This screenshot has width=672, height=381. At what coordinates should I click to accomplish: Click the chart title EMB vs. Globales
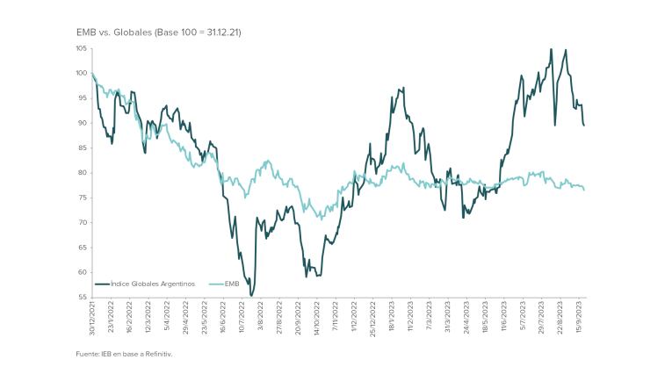tap(159, 32)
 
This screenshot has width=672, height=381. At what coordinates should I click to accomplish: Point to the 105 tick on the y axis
tap(81, 49)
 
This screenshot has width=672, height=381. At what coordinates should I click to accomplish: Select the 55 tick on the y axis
tap(82, 297)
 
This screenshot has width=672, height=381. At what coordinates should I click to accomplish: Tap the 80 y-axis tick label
tap(82, 173)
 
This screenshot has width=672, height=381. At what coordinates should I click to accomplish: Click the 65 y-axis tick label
tap(82, 248)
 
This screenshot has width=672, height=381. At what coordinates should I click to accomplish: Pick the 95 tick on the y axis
tap(82, 98)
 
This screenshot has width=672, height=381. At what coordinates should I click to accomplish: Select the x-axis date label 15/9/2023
tap(580, 314)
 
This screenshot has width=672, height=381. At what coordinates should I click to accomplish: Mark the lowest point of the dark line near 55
tap(251, 296)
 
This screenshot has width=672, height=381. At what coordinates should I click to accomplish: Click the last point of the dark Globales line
tap(585, 126)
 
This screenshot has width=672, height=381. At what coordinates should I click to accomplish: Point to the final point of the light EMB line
tap(585, 190)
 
